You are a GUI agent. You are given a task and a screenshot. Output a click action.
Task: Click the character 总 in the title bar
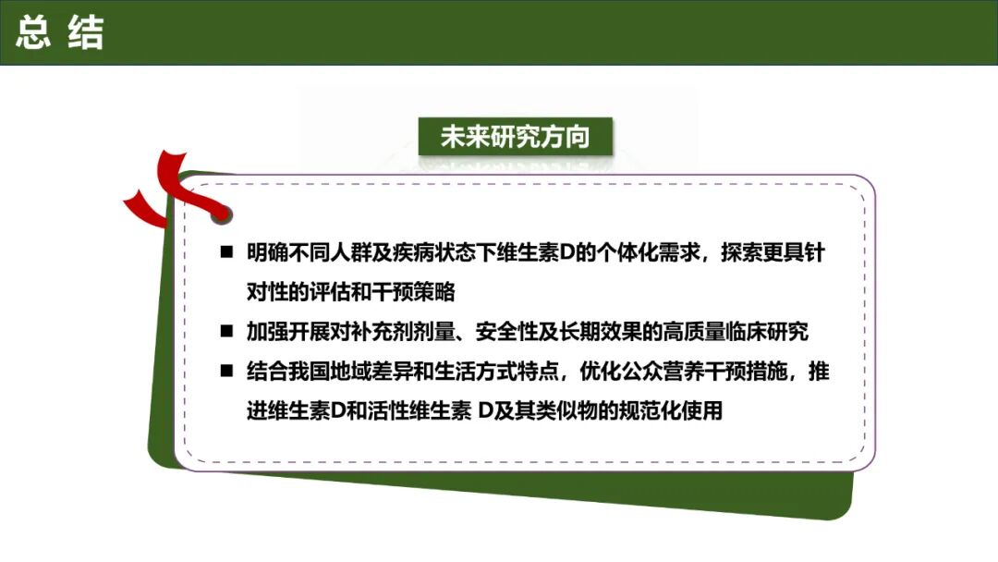click(32, 32)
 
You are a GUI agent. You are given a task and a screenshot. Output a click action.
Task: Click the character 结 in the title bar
click(86, 32)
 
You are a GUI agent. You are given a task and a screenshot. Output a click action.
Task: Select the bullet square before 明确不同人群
click(226, 253)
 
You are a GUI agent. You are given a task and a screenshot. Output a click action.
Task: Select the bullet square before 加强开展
click(226, 331)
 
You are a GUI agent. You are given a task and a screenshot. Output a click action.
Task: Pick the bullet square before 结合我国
click(226, 371)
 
